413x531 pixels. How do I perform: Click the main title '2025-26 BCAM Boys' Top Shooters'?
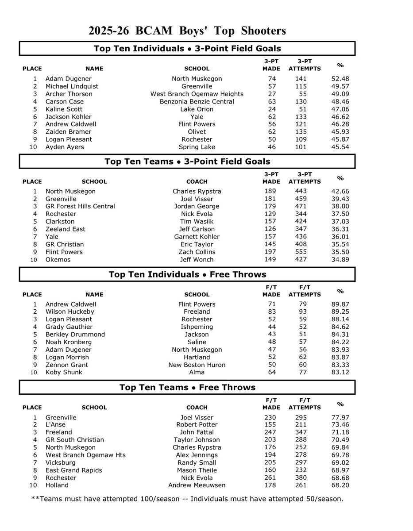(x=187, y=31)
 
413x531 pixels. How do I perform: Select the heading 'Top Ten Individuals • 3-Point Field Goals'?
(x=187, y=49)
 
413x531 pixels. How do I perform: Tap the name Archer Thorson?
(x=69, y=94)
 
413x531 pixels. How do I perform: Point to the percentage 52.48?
(x=340, y=79)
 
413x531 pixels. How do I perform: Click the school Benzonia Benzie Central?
(x=197, y=101)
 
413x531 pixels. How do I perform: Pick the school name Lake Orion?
(x=197, y=109)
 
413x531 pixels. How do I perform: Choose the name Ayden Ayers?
(x=65, y=147)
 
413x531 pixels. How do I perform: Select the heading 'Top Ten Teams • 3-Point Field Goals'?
(x=187, y=162)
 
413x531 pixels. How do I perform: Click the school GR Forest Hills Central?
(x=80, y=206)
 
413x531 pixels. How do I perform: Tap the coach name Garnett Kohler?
(x=197, y=237)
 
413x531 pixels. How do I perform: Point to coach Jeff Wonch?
(x=197, y=260)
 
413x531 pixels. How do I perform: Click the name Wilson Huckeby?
(x=69, y=312)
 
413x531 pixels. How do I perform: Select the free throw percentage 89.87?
(x=340, y=304)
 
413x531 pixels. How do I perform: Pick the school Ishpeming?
(x=197, y=327)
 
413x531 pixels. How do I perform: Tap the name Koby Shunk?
(x=64, y=373)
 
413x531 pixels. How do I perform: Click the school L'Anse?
(x=56, y=425)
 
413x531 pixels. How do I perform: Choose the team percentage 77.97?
(x=340, y=417)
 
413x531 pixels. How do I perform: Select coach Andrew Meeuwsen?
(x=197, y=485)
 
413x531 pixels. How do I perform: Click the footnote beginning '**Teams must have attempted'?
(x=187, y=499)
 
